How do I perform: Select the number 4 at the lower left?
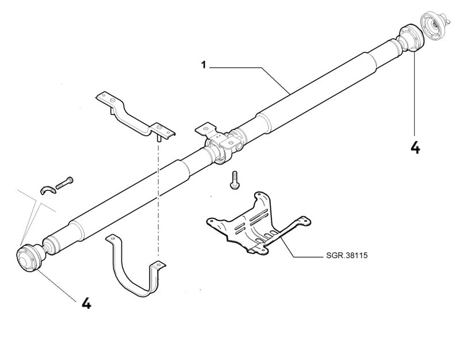(x=86, y=302)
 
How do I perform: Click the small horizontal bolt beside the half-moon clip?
(x=65, y=182)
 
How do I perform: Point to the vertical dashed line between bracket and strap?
(x=158, y=201)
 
